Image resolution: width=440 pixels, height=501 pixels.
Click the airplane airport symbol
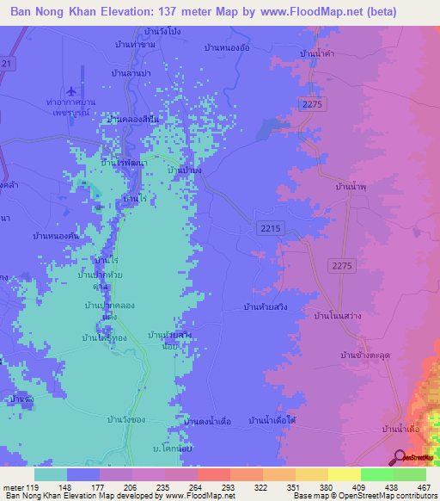point(71,89)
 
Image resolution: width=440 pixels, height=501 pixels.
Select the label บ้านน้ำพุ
point(351,185)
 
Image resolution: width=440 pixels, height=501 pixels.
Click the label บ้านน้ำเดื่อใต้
point(272,420)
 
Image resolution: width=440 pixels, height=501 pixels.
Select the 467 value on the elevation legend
point(425,488)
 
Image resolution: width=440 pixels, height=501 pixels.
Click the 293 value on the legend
point(229,488)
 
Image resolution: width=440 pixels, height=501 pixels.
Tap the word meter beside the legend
point(13,488)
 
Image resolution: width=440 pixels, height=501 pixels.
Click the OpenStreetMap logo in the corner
point(415,457)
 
